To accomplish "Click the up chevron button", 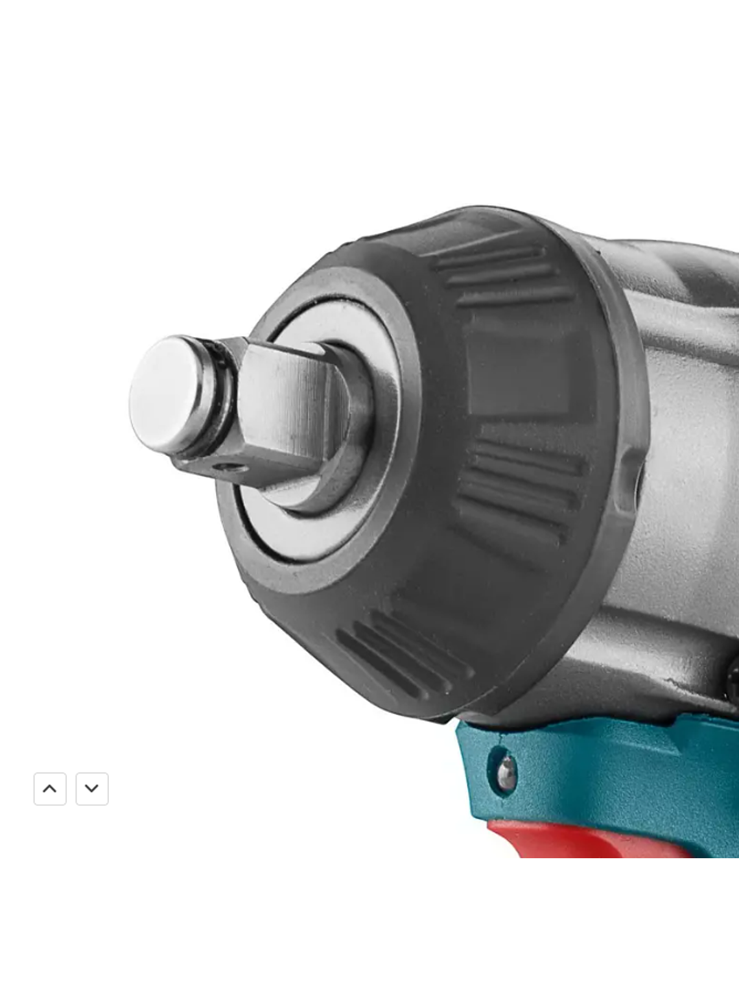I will [50, 789].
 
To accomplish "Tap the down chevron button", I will [92, 789].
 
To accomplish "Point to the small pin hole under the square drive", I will [225, 466].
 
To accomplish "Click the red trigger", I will [583, 840].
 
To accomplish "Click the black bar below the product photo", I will [369, 921].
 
